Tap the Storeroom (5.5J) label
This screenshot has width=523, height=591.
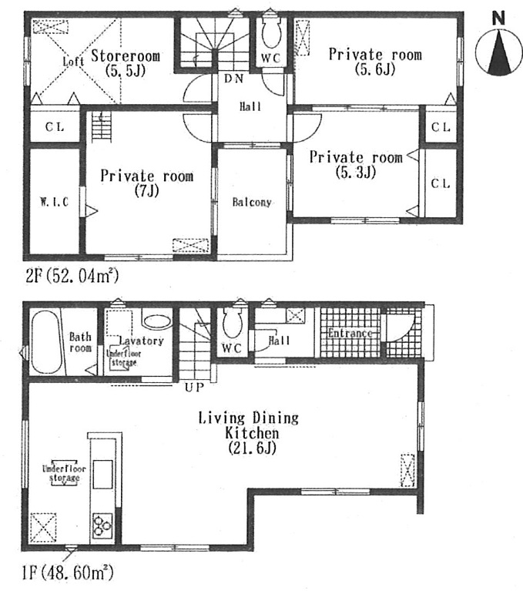point(126,63)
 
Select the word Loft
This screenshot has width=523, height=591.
point(73,61)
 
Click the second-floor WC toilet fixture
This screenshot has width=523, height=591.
point(271,33)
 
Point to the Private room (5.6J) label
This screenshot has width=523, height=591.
point(375,62)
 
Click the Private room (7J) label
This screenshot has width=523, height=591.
point(147,183)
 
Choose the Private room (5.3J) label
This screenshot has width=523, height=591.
point(356,165)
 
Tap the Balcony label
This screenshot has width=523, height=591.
point(252,203)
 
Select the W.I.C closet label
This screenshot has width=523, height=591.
point(54,202)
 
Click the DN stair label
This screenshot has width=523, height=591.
point(233,79)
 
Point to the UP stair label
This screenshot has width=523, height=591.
point(194,387)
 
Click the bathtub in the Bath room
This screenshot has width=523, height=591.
point(46,342)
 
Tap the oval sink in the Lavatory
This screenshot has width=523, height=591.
point(157,321)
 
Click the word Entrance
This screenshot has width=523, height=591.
point(350,333)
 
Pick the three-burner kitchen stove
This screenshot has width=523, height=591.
point(102,524)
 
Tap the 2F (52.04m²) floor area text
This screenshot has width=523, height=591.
point(72,275)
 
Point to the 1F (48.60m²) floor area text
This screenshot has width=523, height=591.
point(67,573)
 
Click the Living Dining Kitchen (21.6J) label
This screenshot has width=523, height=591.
point(249,433)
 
